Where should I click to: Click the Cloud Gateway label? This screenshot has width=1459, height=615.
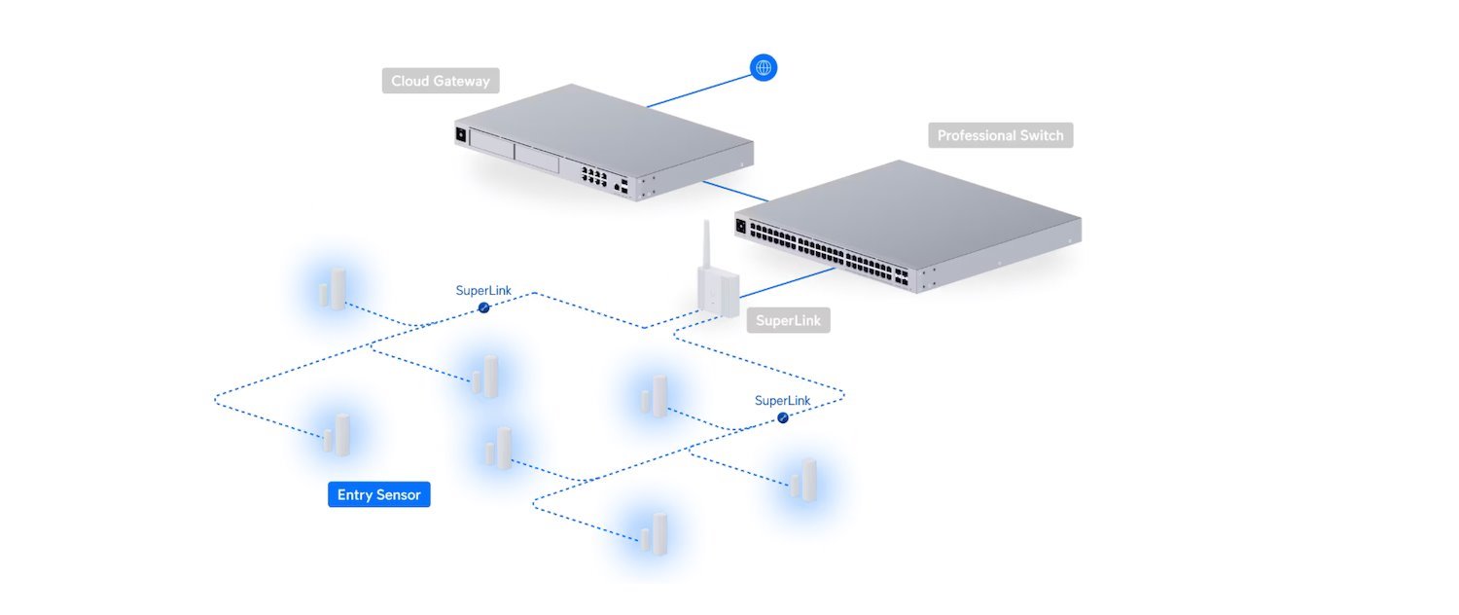point(441,81)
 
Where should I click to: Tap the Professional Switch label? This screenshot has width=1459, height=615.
point(1000,135)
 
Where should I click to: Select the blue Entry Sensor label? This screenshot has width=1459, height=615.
point(378,495)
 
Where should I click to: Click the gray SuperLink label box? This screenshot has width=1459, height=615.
point(788,320)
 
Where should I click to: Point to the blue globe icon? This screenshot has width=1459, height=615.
point(764,67)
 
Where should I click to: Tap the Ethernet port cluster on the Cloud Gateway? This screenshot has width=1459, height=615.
point(594,176)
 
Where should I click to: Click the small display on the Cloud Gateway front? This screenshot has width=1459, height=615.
point(460,135)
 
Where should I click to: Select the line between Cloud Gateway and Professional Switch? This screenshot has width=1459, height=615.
point(733,191)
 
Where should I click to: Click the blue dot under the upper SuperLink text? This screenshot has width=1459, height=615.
point(483,307)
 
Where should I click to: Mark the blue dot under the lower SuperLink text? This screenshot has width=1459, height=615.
point(783,417)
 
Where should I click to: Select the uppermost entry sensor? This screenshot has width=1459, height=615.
point(333,290)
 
